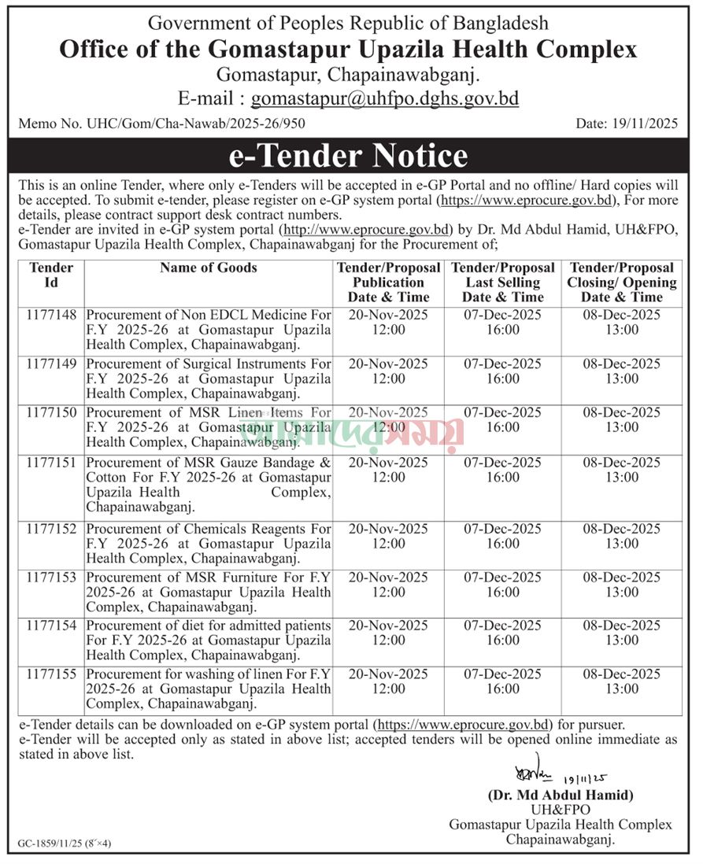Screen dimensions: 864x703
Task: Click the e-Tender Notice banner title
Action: [x=348, y=156]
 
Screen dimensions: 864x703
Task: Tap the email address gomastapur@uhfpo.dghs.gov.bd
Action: [x=384, y=98]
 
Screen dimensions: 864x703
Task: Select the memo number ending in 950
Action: [x=161, y=123]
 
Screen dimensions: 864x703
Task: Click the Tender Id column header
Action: [x=51, y=275]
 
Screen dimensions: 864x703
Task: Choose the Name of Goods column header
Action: [x=208, y=268]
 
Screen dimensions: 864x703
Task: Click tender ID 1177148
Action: [x=52, y=315]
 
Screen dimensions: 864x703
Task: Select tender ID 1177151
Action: [x=52, y=463]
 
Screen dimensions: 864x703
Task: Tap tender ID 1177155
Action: [x=52, y=674]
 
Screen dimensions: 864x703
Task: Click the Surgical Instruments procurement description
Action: [x=209, y=378]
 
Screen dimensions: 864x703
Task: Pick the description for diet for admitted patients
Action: [x=209, y=640]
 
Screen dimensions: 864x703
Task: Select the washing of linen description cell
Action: [x=209, y=689]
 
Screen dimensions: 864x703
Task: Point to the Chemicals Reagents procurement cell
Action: [x=209, y=544]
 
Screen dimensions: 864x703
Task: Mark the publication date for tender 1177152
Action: [x=388, y=536]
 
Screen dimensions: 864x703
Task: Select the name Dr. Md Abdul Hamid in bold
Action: [x=560, y=795]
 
